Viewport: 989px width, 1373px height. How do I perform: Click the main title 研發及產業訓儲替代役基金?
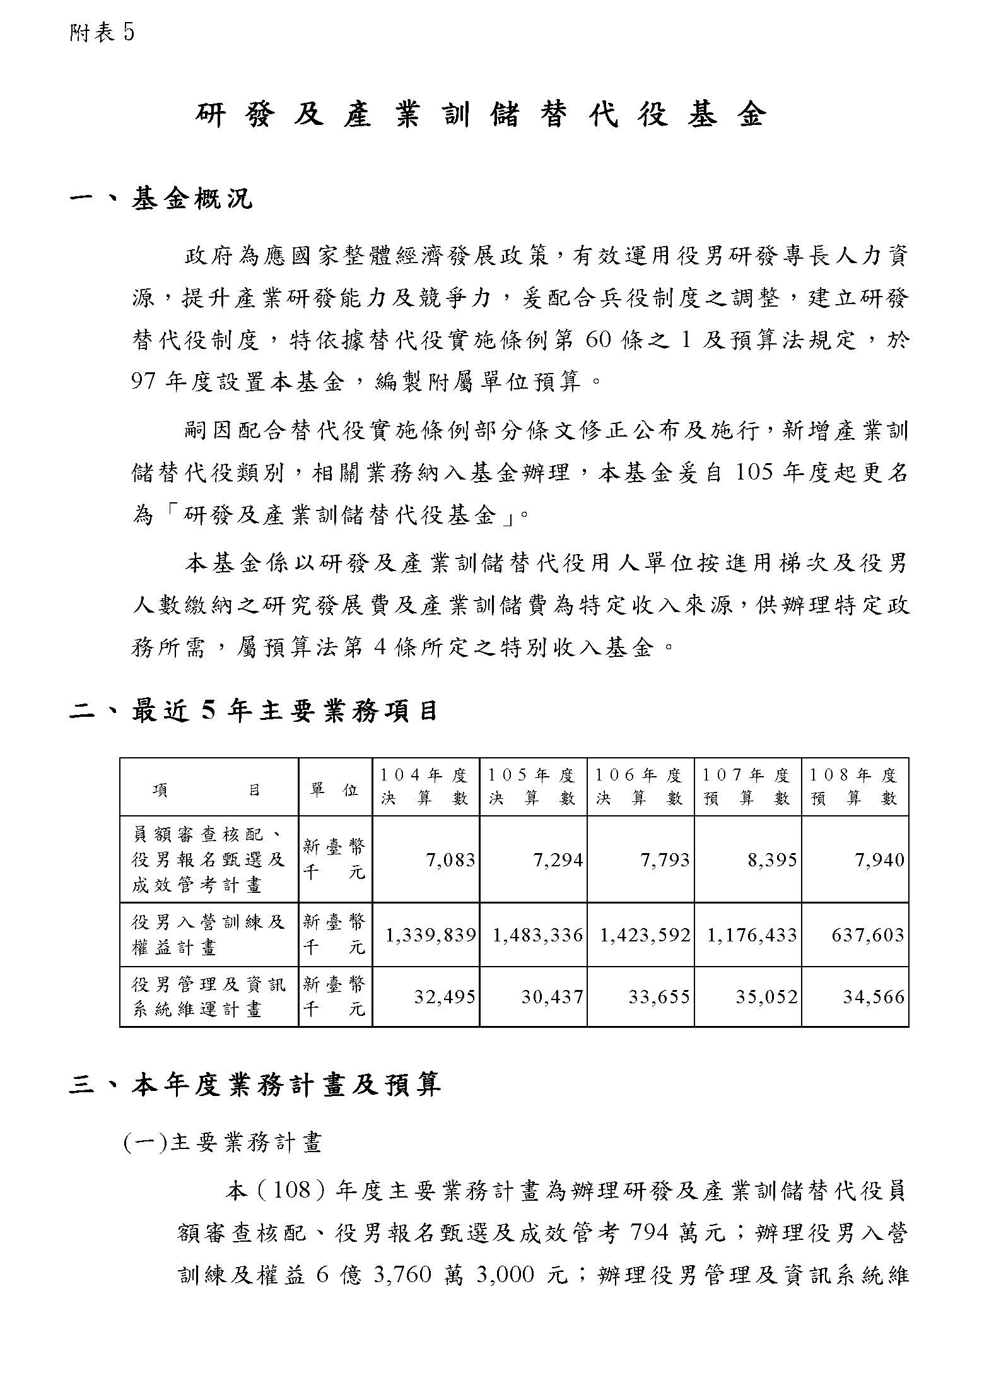(481, 115)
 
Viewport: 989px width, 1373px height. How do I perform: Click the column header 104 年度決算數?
(425, 786)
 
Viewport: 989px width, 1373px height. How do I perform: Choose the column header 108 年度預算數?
(854, 786)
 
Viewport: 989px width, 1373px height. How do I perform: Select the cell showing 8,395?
(772, 860)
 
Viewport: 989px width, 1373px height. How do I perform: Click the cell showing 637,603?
(868, 935)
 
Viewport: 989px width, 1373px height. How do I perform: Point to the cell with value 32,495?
(444, 997)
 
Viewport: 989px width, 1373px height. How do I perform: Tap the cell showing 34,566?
(874, 997)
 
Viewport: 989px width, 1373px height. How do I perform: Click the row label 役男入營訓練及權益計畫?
(208, 934)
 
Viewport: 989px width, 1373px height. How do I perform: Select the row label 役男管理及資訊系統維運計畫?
(208, 997)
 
